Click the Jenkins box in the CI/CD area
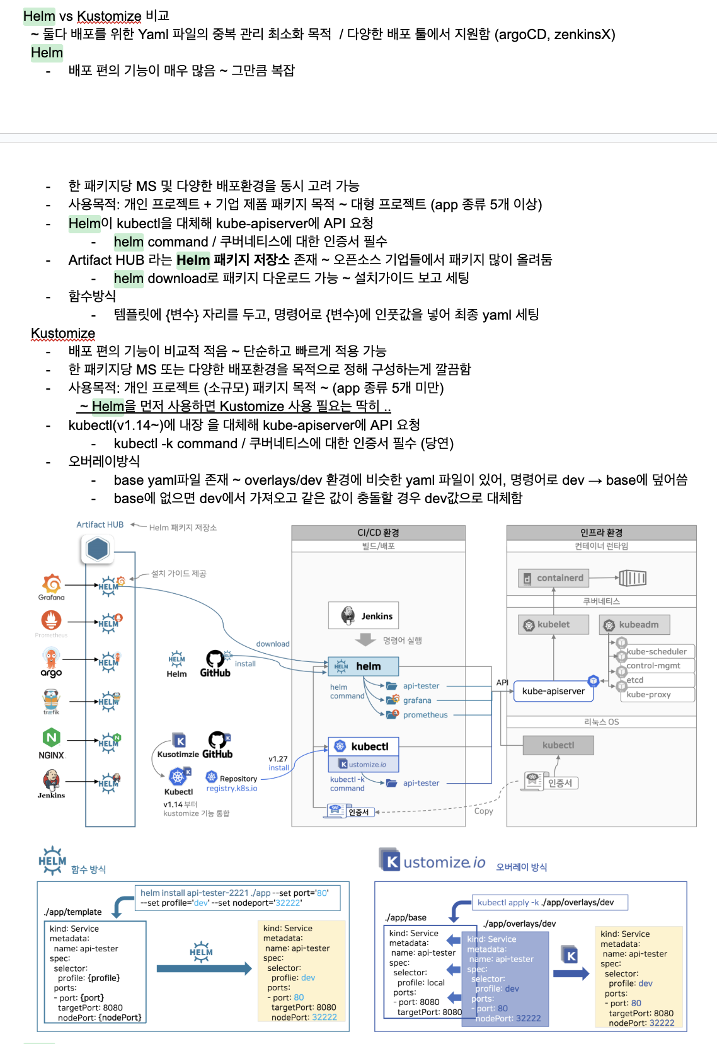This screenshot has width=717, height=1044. point(363,616)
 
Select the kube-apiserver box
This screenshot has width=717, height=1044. point(553,691)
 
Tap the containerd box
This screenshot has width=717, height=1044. point(553,577)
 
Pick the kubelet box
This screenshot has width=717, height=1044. point(553,625)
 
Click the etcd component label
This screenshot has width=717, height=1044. point(635,680)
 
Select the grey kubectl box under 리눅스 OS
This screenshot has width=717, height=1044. point(558,745)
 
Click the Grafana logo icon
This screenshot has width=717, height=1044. point(51,583)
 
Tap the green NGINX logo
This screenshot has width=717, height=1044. point(51,737)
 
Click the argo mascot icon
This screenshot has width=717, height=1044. point(51,659)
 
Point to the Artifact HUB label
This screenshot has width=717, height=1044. point(100,525)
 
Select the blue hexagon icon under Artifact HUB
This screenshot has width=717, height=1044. point(97,549)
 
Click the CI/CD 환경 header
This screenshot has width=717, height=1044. point(378,533)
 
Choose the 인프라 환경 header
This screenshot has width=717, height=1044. point(601,533)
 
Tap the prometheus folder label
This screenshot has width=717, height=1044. point(425,715)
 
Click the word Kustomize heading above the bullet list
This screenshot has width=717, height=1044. point(63,333)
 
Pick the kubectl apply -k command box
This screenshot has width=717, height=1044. point(551,902)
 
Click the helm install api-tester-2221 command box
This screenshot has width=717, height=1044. point(238,898)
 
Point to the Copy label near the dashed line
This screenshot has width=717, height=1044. point(483,811)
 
